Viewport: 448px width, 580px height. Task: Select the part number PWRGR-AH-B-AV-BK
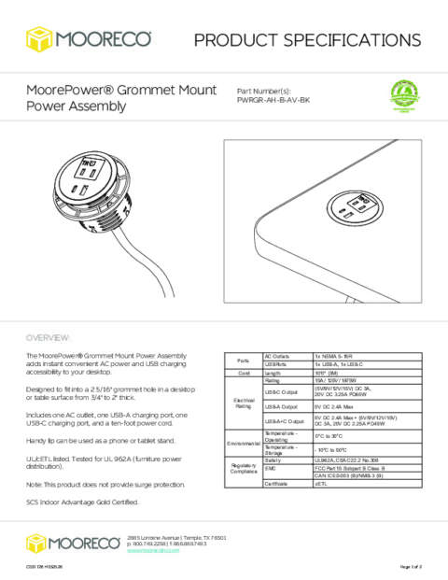click(281, 99)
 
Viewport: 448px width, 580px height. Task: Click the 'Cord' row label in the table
click(243, 373)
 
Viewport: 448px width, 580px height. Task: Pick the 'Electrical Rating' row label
click(243, 403)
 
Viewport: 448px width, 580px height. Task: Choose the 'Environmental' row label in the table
click(243, 443)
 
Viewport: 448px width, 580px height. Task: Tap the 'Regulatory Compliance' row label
click(243, 469)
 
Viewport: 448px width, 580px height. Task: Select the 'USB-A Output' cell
click(281, 406)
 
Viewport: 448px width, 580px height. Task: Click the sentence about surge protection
click(105, 483)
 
